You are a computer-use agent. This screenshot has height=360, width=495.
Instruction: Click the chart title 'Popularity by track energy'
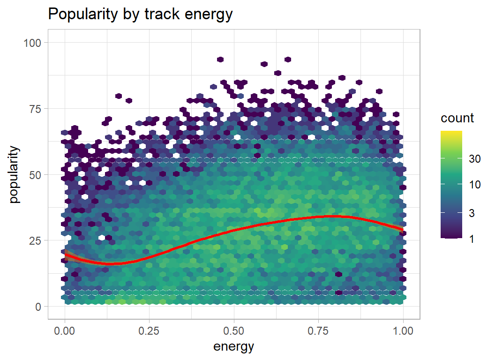point(141,15)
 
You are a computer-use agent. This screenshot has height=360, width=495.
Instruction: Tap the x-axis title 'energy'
point(234,347)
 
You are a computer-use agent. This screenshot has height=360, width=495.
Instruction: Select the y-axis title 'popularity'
point(15,174)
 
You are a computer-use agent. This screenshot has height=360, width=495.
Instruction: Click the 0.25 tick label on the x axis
point(149,331)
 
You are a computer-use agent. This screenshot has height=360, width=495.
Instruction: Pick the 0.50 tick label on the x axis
point(234,331)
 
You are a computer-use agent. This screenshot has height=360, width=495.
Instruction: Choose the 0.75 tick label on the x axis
point(318,331)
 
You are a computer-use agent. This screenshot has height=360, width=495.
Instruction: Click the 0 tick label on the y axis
point(38,307)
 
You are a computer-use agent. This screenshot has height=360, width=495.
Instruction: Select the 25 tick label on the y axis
point(36,240)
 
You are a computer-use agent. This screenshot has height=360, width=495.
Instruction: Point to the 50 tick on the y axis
point(36,175)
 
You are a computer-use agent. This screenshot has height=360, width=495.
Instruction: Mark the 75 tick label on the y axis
point(36,109)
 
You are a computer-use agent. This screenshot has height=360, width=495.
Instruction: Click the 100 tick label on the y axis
point(33,43)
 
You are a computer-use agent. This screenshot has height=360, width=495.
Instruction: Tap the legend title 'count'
point(457,118)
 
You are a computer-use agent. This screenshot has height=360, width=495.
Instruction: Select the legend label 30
point(475,159)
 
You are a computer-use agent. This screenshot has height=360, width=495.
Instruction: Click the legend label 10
point(475,185)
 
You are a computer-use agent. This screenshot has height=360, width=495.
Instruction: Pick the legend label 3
point(472,213)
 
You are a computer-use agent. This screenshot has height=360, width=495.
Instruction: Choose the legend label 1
point(472,239)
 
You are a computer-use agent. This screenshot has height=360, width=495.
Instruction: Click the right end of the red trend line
point(402,229)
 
